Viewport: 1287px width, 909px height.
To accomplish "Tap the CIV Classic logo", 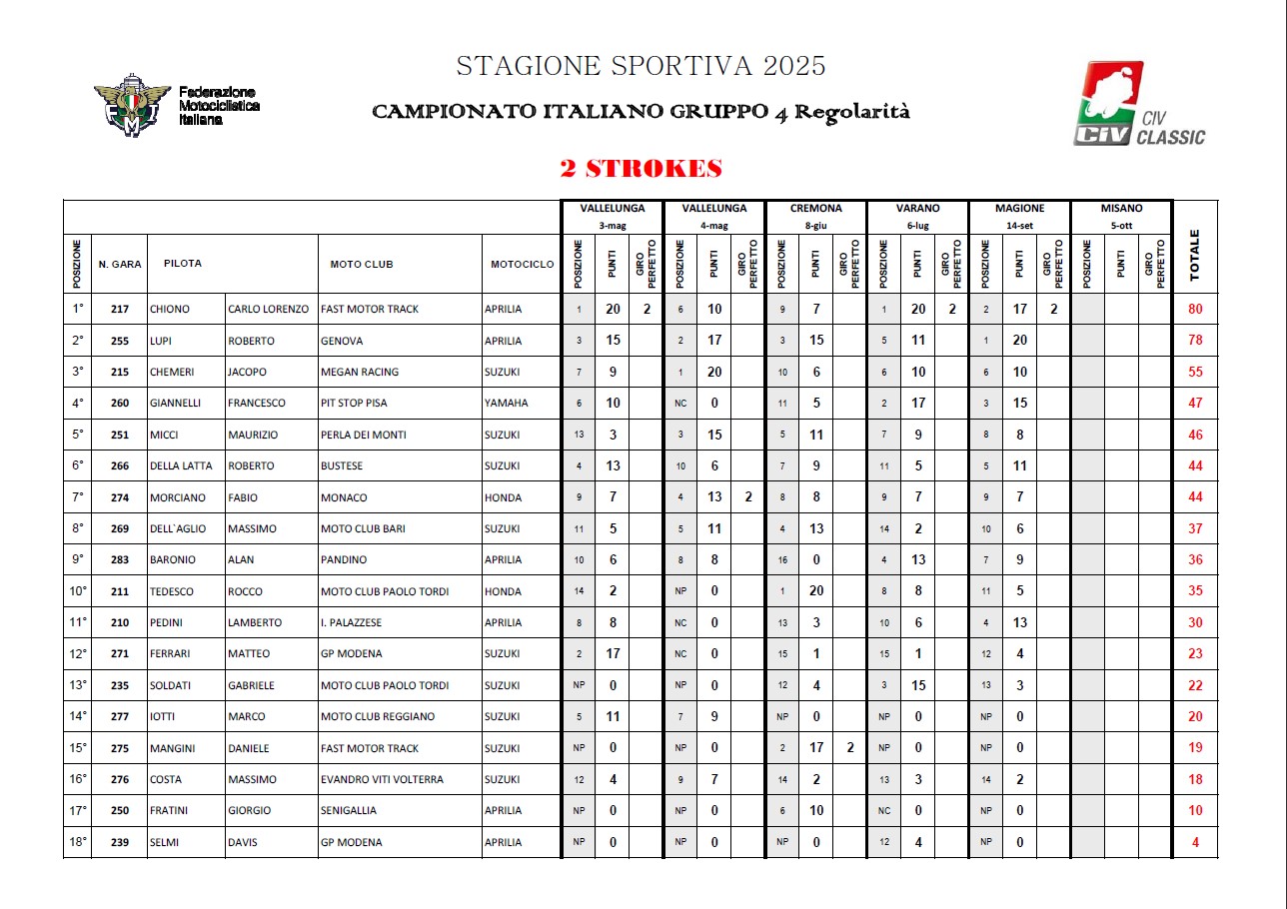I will (1138, 105).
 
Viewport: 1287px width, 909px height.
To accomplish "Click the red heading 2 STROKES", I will (642, 169).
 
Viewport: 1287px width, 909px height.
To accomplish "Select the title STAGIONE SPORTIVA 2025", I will (641, 67).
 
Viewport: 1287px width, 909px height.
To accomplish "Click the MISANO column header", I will (1121, 209).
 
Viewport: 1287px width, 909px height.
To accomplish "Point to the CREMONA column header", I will (815, 209).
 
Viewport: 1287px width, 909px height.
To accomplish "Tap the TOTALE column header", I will (1195, 256).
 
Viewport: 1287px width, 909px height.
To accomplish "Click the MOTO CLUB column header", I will (361, 264).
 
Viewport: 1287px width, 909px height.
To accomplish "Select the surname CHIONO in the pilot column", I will (170, 310).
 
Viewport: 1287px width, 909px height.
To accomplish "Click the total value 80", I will (1195, 310).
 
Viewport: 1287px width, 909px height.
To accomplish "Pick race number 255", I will (120, 341).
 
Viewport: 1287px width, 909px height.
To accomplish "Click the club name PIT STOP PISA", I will (355, 404).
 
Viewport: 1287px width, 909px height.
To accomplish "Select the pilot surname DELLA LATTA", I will (181, 465).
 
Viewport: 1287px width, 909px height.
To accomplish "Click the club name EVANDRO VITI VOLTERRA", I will (382, 779).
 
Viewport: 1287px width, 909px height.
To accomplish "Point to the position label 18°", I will (78, 841).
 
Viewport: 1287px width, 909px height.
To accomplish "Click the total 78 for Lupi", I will (1195, 341).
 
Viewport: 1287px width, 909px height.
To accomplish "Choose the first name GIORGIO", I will (249, 810).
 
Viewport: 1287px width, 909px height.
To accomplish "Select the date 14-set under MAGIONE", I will (1019, 226).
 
